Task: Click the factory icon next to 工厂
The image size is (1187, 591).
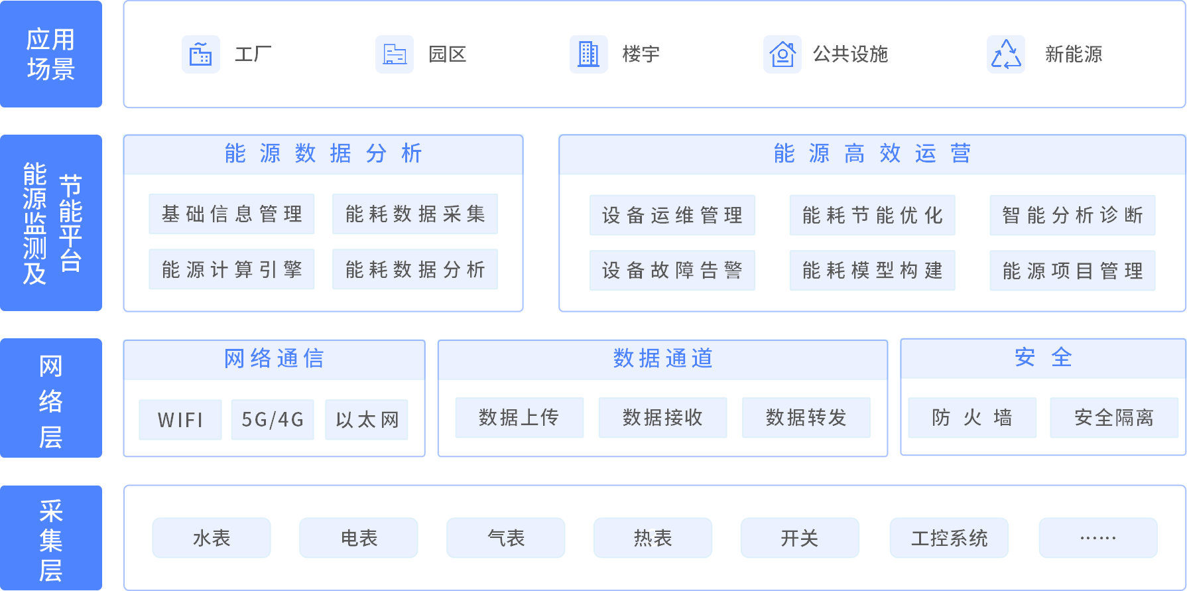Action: coord(201,54)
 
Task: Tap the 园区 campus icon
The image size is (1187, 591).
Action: coord(395,54)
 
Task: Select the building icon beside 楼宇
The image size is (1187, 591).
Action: coord(589,54)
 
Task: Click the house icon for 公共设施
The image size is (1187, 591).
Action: coord(782,54)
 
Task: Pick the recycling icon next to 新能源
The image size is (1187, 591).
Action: coord(1006,54)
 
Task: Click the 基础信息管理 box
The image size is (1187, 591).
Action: coord(231,214)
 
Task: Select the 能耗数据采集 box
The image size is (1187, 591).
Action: coord(415,214)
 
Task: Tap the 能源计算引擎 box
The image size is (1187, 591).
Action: coord(231,269)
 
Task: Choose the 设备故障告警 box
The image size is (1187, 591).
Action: coord(672,271)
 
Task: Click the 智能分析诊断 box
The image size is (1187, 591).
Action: coord(1072,216)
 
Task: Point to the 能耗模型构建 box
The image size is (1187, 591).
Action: coord(872,271)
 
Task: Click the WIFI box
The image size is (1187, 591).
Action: coord(180,420)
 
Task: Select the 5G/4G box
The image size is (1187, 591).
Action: coord(273,420)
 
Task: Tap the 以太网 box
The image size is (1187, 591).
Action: coord(367,420)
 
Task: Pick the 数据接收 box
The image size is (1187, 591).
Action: coord(662,418)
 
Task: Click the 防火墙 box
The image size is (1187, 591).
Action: coord(972,418)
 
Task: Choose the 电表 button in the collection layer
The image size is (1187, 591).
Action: coord(359,538)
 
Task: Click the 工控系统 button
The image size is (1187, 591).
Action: coord(949,538)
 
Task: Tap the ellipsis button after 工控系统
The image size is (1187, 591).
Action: coord(1098,538)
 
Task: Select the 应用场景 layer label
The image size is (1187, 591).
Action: coord(51,54)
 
